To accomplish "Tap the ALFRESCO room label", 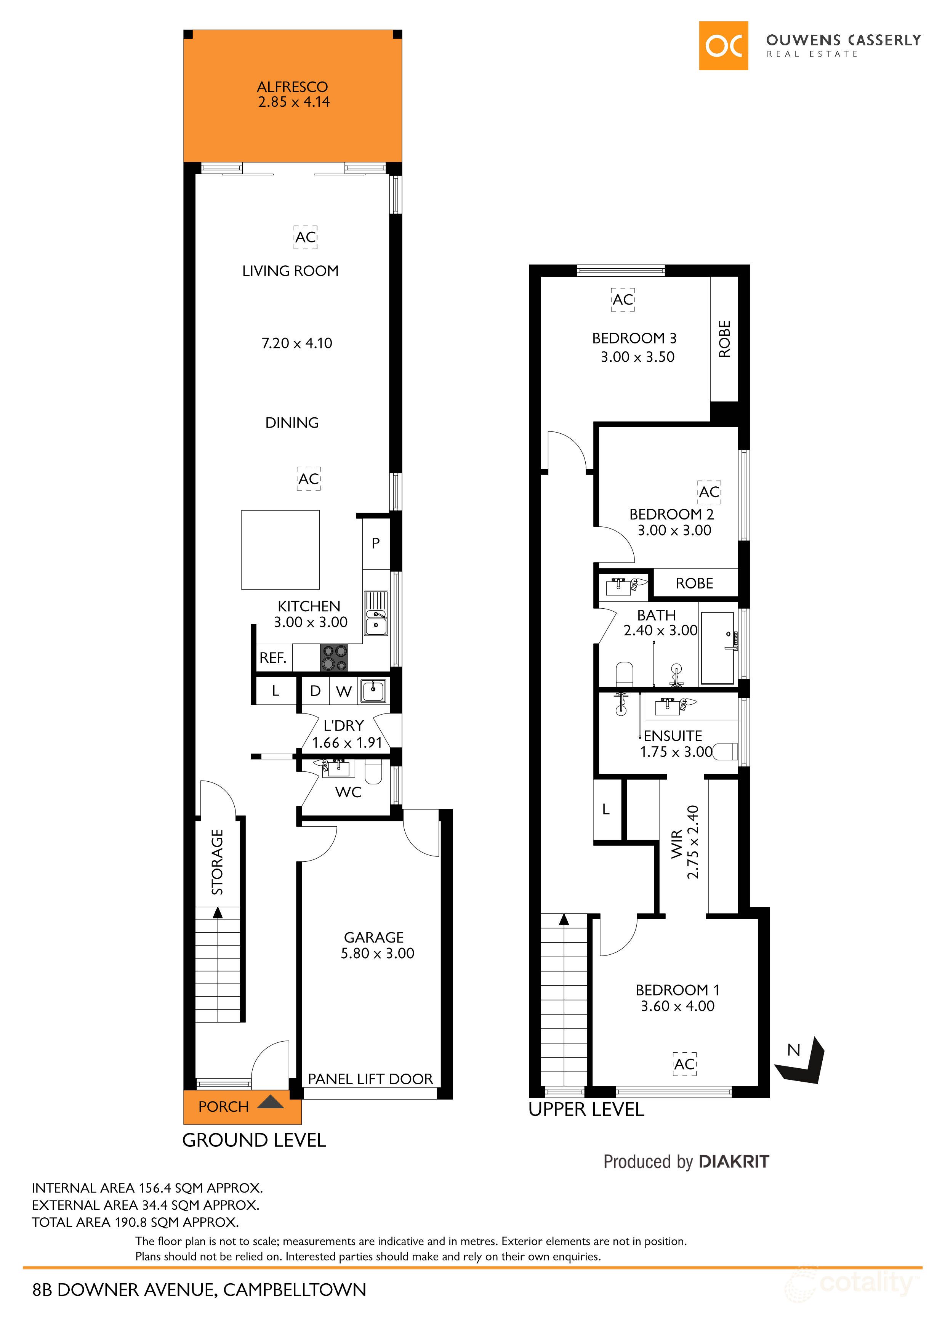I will pyautogui.click(x=292, y=87).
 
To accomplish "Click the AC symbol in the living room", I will pyautogui.click(x=305, y=237).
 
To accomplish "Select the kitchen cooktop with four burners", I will pyautogui.click(x=334, y=657).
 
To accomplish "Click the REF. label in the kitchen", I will pyautogui.click(x=272, y=657).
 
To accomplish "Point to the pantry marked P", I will pyautogui.click(x=376, y=543).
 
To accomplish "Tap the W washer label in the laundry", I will pyautogui.click(x=344, y=691).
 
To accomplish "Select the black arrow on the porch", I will pyautogui.click(x=270, y=1102).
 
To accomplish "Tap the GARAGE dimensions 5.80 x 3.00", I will pyautogui.click(x=377, y=953).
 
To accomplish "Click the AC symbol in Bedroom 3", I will pyautogui.click(x=622, y=299).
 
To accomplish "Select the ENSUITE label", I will pyautogui.click(x=673, y=736).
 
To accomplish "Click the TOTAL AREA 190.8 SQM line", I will pyautogui.click(x=135, y=1222).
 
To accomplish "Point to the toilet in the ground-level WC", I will pyautogui.click(x=373, y=773).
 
